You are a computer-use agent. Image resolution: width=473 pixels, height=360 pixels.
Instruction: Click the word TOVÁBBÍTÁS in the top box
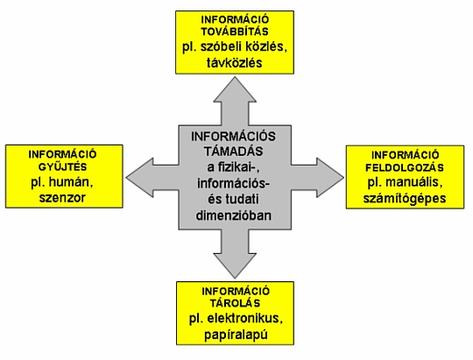point(235,31)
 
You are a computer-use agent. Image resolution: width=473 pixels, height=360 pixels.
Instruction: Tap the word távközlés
point(235,63)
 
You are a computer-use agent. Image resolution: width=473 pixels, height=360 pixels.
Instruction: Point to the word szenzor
point(62,198)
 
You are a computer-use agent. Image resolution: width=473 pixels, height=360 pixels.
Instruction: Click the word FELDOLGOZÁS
point(405,167)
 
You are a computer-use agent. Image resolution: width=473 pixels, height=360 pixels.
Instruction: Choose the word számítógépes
point(405,199)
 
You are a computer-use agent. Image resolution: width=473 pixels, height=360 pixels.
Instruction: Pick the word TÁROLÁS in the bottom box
point(235,303)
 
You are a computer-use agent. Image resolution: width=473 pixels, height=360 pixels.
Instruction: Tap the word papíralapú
point(236,335)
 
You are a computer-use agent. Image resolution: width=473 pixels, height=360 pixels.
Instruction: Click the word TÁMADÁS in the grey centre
point(234,151)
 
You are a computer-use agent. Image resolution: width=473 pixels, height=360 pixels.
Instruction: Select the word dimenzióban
point(234,215)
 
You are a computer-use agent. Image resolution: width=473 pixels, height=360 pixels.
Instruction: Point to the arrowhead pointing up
point(235,89)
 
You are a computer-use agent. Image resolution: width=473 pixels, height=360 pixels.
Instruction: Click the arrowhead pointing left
point(139,178)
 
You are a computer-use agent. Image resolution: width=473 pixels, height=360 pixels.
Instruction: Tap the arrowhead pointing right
point(330,178)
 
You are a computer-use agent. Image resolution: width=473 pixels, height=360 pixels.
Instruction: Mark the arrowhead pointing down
point(235,265)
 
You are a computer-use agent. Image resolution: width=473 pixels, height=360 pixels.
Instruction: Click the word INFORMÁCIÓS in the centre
point(234,137)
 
